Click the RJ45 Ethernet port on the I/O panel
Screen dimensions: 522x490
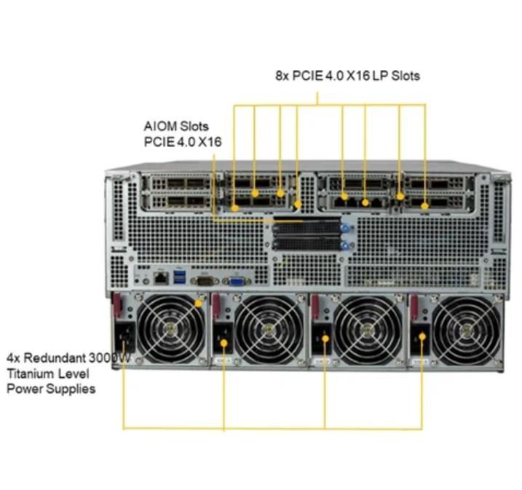[x=161, y=278]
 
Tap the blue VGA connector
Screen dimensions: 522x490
[x=237, y=281]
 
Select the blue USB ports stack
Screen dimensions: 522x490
[x=180, y=277]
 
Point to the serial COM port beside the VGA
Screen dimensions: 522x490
[x=205, y=281]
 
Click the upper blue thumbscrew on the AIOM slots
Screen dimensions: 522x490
[x=345, y=228]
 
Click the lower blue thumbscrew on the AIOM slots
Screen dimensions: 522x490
[x=345, y=245]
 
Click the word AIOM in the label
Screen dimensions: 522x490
[x=160, y=127]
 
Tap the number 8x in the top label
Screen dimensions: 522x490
[x=282, y=76]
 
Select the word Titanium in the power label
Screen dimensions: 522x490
[x=28, y=374]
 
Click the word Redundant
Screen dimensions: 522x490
[x=55, y=357]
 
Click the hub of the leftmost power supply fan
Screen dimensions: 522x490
[x=171, y=329]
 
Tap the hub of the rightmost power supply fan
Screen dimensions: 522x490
[x=465, y=330]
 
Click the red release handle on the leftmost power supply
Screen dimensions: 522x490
[x=116, y=305]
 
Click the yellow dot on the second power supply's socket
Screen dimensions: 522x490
[x=224, y=343]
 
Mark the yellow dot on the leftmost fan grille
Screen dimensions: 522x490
[x=199, y=304]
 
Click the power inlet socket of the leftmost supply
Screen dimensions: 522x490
[x=124, y=337]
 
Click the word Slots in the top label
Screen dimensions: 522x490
[x=406, y=76]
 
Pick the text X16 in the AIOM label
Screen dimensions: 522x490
[x=210, y=142]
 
